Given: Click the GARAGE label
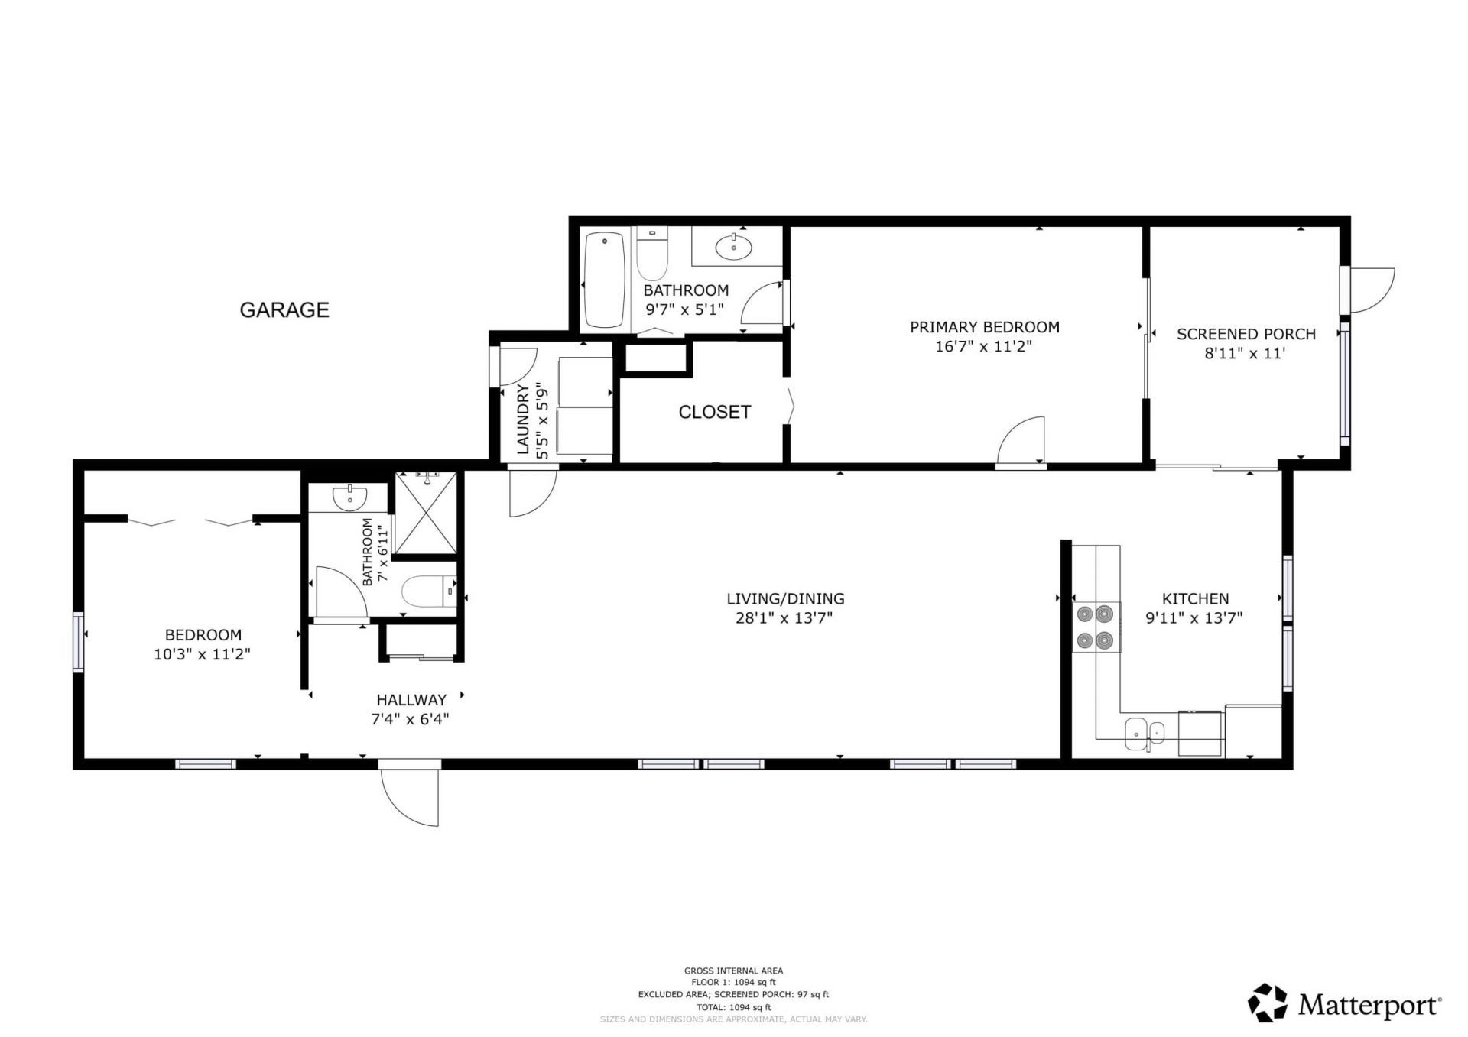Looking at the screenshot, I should coord(284,309).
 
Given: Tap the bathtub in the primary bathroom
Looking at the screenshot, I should coord(604,280).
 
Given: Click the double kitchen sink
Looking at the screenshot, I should coord(1145,733).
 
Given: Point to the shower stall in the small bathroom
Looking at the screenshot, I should coord(426,514).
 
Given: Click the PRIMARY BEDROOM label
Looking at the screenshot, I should coord(984,327).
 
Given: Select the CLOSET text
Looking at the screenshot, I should coord(714,412).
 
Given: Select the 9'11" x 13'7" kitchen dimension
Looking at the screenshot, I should coord(1194,617).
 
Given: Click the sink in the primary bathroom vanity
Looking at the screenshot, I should coord(734,246).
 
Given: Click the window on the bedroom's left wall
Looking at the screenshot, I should coord(78,642).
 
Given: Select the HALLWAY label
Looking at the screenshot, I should coord(411,699).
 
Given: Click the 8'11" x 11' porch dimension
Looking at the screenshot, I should coord(1245,353).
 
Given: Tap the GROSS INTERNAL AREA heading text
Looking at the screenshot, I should coord(733,971).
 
